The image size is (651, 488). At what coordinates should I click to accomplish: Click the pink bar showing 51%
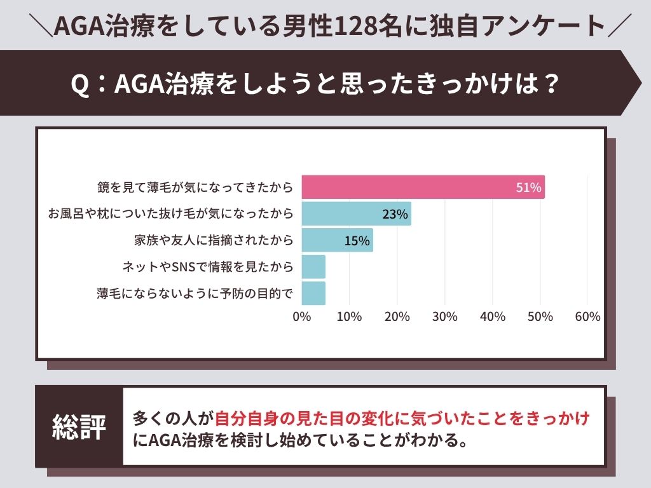point(423,187)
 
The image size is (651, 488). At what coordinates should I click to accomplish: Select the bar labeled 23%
point(356,214)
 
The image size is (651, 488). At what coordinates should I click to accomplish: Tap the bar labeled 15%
point(337,240)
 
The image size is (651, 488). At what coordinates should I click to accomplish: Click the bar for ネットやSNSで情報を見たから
point(313,267)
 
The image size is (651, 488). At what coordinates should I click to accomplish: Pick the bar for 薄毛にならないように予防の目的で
point(313,294)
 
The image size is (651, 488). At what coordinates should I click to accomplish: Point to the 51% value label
point(528,187)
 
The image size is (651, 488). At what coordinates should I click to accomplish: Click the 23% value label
point(395,214)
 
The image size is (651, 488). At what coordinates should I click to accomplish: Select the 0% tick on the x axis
point(301,316)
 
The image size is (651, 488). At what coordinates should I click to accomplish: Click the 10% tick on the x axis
point(349,316)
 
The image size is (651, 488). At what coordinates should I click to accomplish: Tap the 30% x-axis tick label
point(444,316)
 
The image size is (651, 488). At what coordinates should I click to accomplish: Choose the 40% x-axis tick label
point(492,316)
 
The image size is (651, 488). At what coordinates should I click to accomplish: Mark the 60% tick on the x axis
point(587,316)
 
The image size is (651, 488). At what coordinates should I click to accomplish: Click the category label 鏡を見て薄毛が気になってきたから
point(195,187)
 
